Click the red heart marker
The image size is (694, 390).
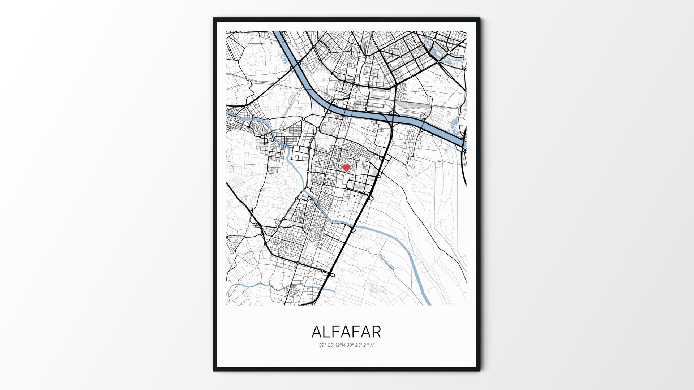[x=346, y=168]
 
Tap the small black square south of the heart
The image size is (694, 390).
[x=354, y=196]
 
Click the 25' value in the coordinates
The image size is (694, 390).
[x=331, y=345]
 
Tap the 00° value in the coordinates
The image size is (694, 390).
[x=351, y=345]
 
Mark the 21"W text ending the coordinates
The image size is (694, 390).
[x=369, y=345]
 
